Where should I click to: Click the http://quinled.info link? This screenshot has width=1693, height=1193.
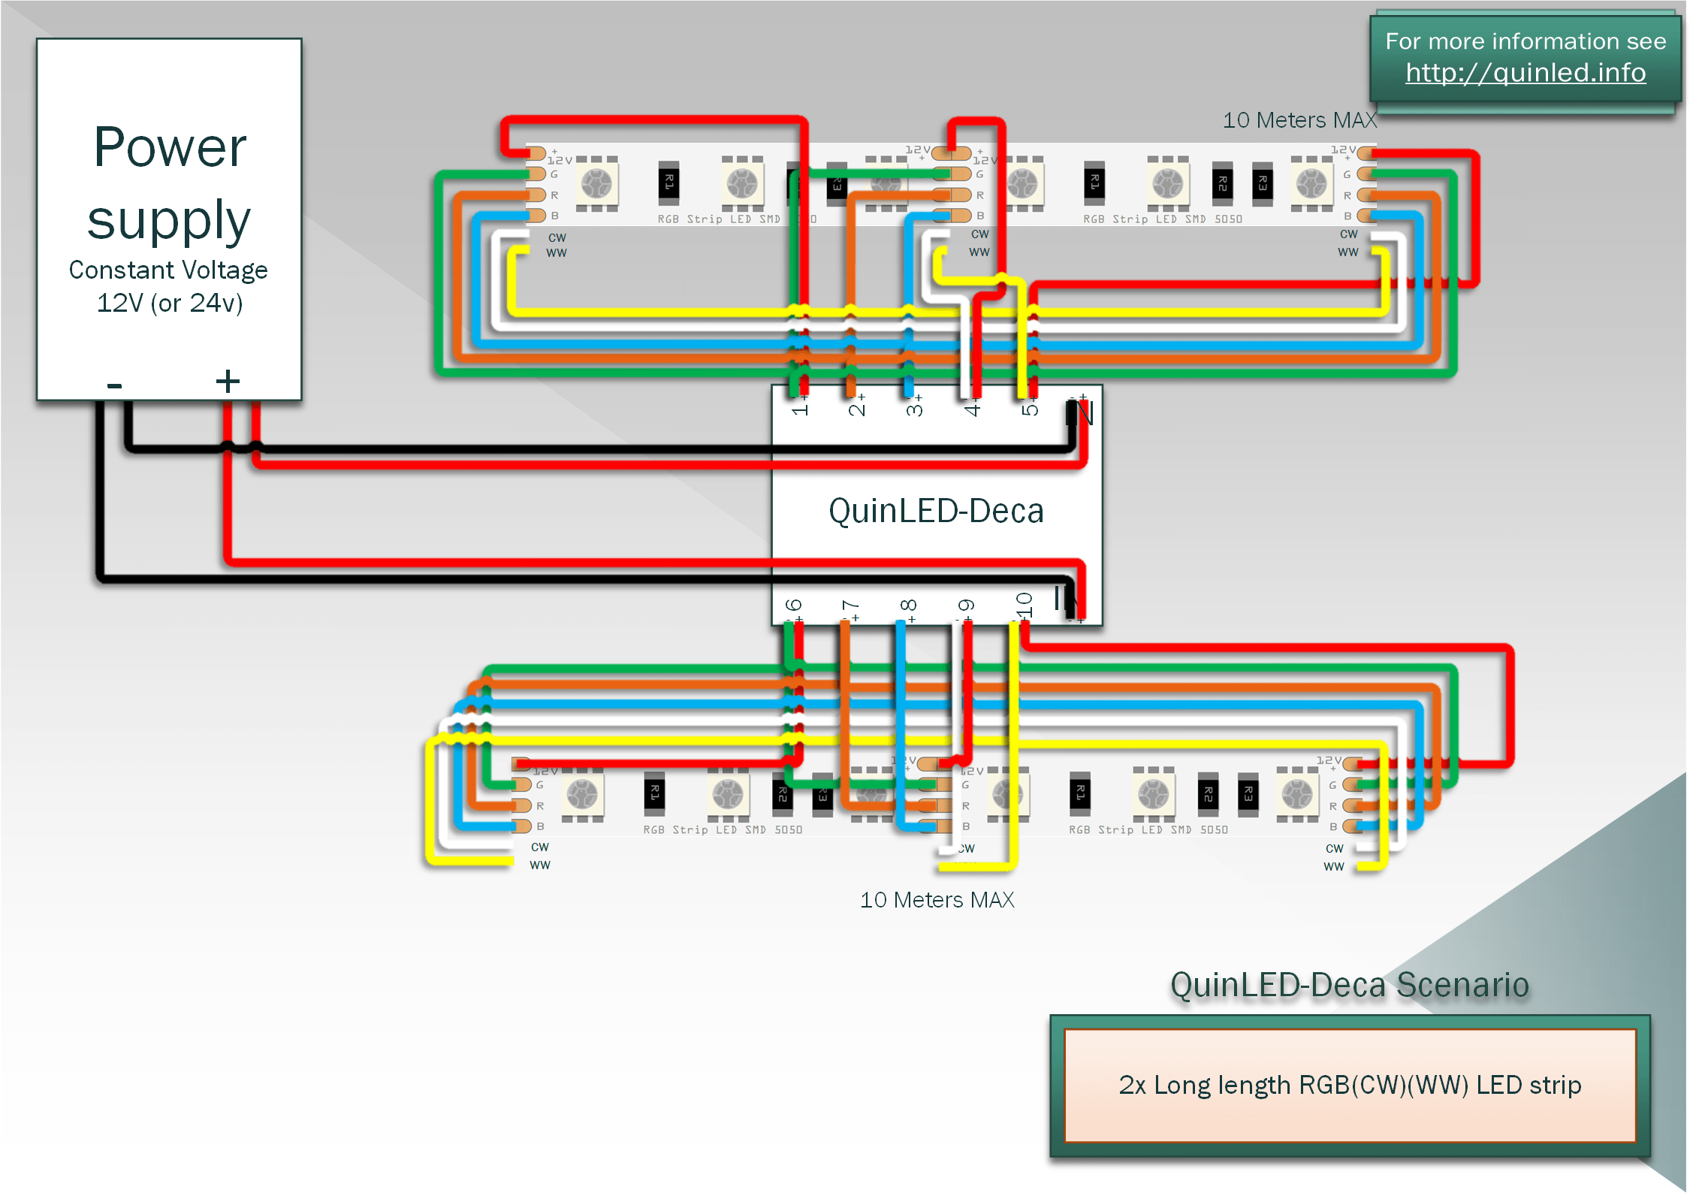tap(1525, 73)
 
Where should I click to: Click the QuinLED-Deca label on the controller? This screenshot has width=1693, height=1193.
tap(935, 512)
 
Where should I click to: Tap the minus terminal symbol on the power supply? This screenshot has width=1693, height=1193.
tap(114, 385)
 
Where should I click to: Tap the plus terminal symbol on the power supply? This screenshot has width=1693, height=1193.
tap(228, 381)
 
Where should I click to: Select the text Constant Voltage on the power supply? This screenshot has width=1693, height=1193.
tap(168, 270)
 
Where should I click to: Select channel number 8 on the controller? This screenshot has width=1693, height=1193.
tap(908, 606)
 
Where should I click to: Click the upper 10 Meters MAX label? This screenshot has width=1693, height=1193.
tap(1299, 120)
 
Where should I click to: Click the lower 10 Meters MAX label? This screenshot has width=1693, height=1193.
tap(937, 900)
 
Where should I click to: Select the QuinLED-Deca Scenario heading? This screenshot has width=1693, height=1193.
tap(1349, 985)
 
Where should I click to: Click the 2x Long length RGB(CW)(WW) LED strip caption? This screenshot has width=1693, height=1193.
tap(1350, 1086)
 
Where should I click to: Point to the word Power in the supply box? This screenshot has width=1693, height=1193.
tap(170, 147)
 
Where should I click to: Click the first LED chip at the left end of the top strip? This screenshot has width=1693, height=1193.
tap(597, 183)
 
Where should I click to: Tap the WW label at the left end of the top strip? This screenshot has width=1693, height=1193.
tap(557, 253)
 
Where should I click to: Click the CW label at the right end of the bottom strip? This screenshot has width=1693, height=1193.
tap(1334, 849)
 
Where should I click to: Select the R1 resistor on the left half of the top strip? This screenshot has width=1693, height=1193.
tap(668, 183)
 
